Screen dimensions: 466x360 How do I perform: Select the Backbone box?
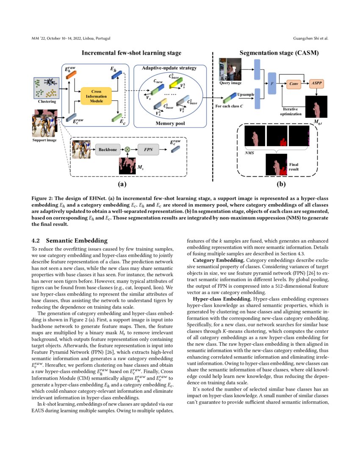point(108,150)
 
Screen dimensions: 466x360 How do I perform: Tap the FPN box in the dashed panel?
point(148,150)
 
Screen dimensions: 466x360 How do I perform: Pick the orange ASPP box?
point(316,83)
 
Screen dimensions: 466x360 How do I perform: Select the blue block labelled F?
point(272,84)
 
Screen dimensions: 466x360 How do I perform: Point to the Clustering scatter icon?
point(45,87)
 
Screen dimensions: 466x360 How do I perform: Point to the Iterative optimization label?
point(291,112)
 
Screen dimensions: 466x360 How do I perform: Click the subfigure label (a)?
point(122,184)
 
